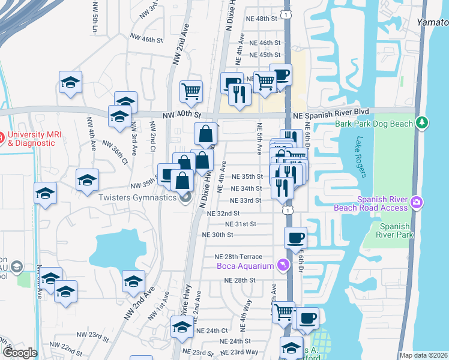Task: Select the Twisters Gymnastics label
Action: tap(137, 197)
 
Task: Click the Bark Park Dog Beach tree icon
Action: tap(423, 123)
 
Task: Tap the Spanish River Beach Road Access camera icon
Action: tap(417, 204)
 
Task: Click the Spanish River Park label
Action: tap(397, 230)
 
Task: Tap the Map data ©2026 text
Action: tap(423, 355)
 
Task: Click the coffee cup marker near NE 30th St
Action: tap(295, 238)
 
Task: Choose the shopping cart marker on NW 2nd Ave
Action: tap(191, 91)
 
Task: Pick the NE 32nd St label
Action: tap(223, 213)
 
